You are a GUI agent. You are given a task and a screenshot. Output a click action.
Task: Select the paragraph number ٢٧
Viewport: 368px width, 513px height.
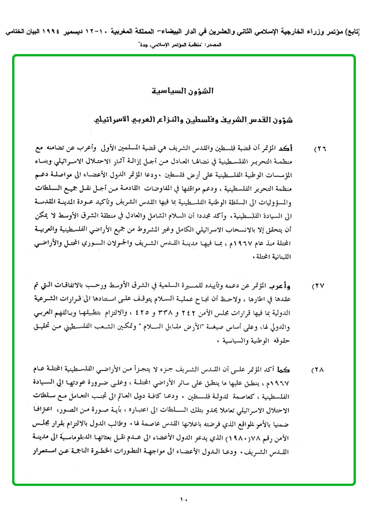point(320,285)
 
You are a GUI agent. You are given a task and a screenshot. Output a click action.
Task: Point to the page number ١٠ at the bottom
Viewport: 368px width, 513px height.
point(183,499)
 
